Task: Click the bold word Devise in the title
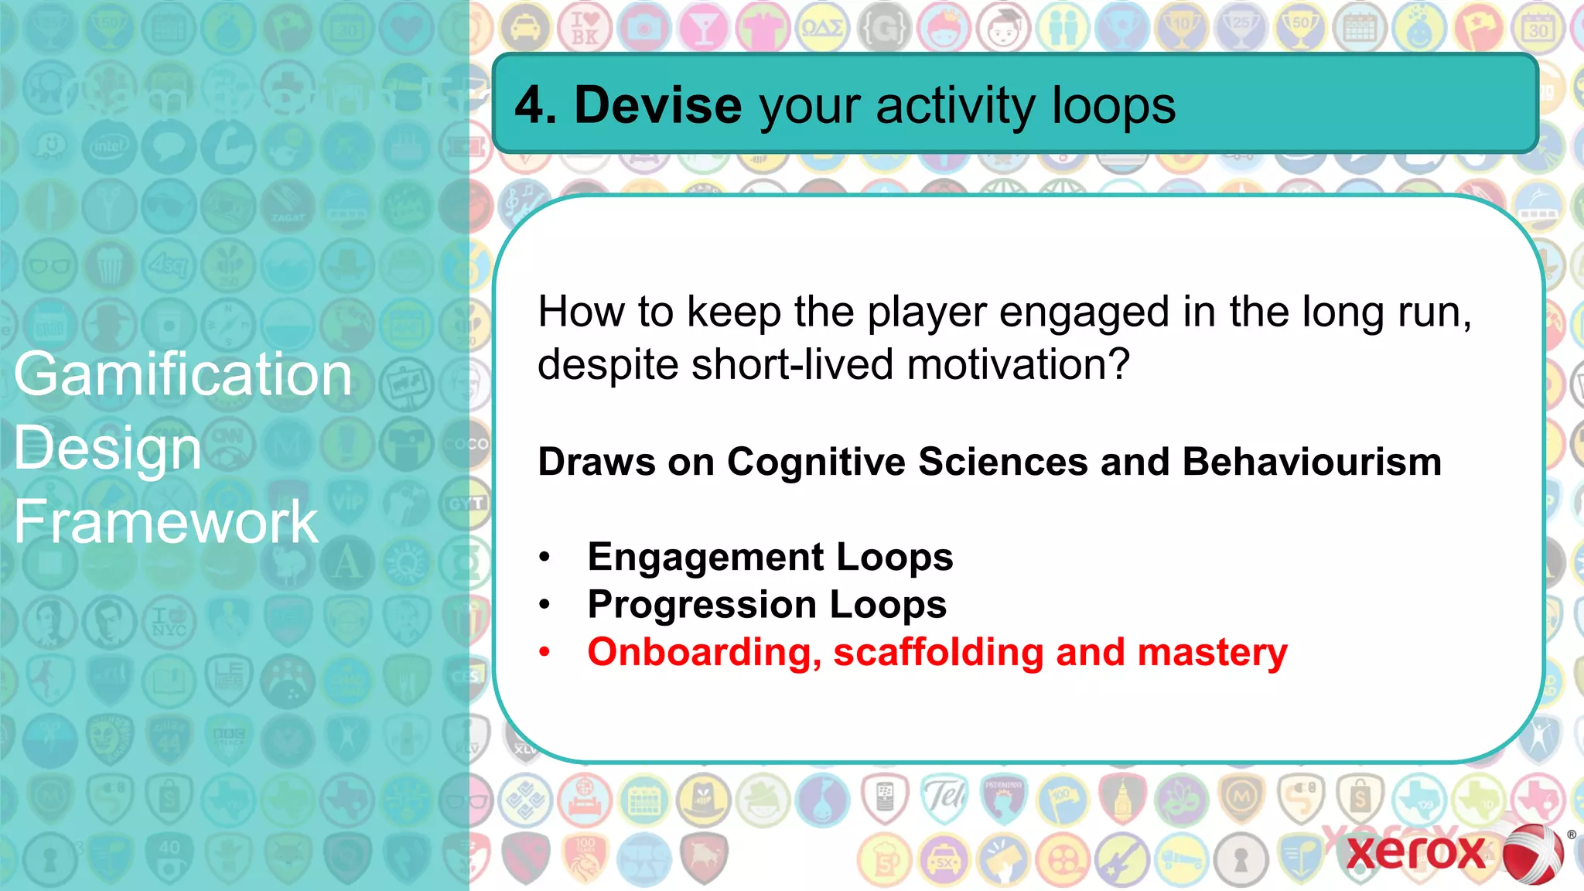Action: [657, 105]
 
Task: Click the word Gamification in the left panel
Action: [183, 374]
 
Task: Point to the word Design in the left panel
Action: [108, 449]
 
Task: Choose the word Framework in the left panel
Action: [166, 522]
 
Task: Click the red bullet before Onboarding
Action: [545, 652]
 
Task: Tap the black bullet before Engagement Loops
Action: [545, 557]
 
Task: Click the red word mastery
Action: [1212, 652]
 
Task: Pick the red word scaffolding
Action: [938, 652]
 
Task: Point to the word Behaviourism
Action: [1312, 462]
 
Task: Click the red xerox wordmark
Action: [1415, 852]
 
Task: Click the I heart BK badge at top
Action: [585, 29]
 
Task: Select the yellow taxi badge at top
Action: [526, 29]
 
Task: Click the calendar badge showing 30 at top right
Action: [1538, 29]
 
